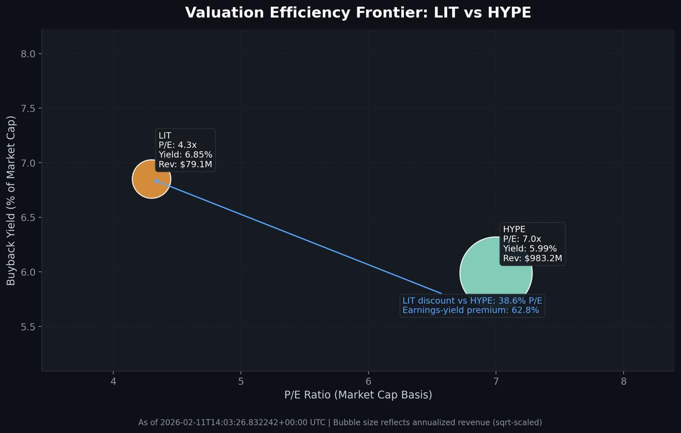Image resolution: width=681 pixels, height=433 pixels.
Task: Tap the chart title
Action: coord(358,13)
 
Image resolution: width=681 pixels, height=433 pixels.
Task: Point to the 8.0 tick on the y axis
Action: coord(28,54)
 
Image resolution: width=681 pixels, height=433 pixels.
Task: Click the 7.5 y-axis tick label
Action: coord(28,109)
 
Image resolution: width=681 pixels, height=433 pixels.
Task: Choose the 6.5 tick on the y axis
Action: coord(28,218)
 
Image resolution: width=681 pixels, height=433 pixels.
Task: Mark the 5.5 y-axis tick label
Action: coord(28,327)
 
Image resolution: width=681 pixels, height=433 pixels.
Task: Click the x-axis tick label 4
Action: coord(113,381)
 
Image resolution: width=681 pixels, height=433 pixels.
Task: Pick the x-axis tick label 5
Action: coord(241,381)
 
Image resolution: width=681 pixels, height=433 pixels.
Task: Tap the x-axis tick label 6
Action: coord(369,381)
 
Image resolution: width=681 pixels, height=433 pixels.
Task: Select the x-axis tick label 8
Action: coord(624,381)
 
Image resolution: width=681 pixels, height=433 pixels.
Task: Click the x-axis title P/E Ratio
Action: coord(358,395)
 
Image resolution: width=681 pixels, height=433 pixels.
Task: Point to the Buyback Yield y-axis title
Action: coord(11,201)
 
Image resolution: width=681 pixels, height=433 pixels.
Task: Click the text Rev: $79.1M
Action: coord(185,164)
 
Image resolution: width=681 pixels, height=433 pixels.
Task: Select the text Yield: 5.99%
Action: coord(530,249)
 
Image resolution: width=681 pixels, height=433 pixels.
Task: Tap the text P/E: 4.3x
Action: coord(178,145)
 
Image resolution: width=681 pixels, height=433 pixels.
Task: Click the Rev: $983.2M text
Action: coord(533,259)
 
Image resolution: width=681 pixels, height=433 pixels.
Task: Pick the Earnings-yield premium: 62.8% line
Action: coord(470,310)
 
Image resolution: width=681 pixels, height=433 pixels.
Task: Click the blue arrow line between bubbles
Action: coord(298,237)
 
